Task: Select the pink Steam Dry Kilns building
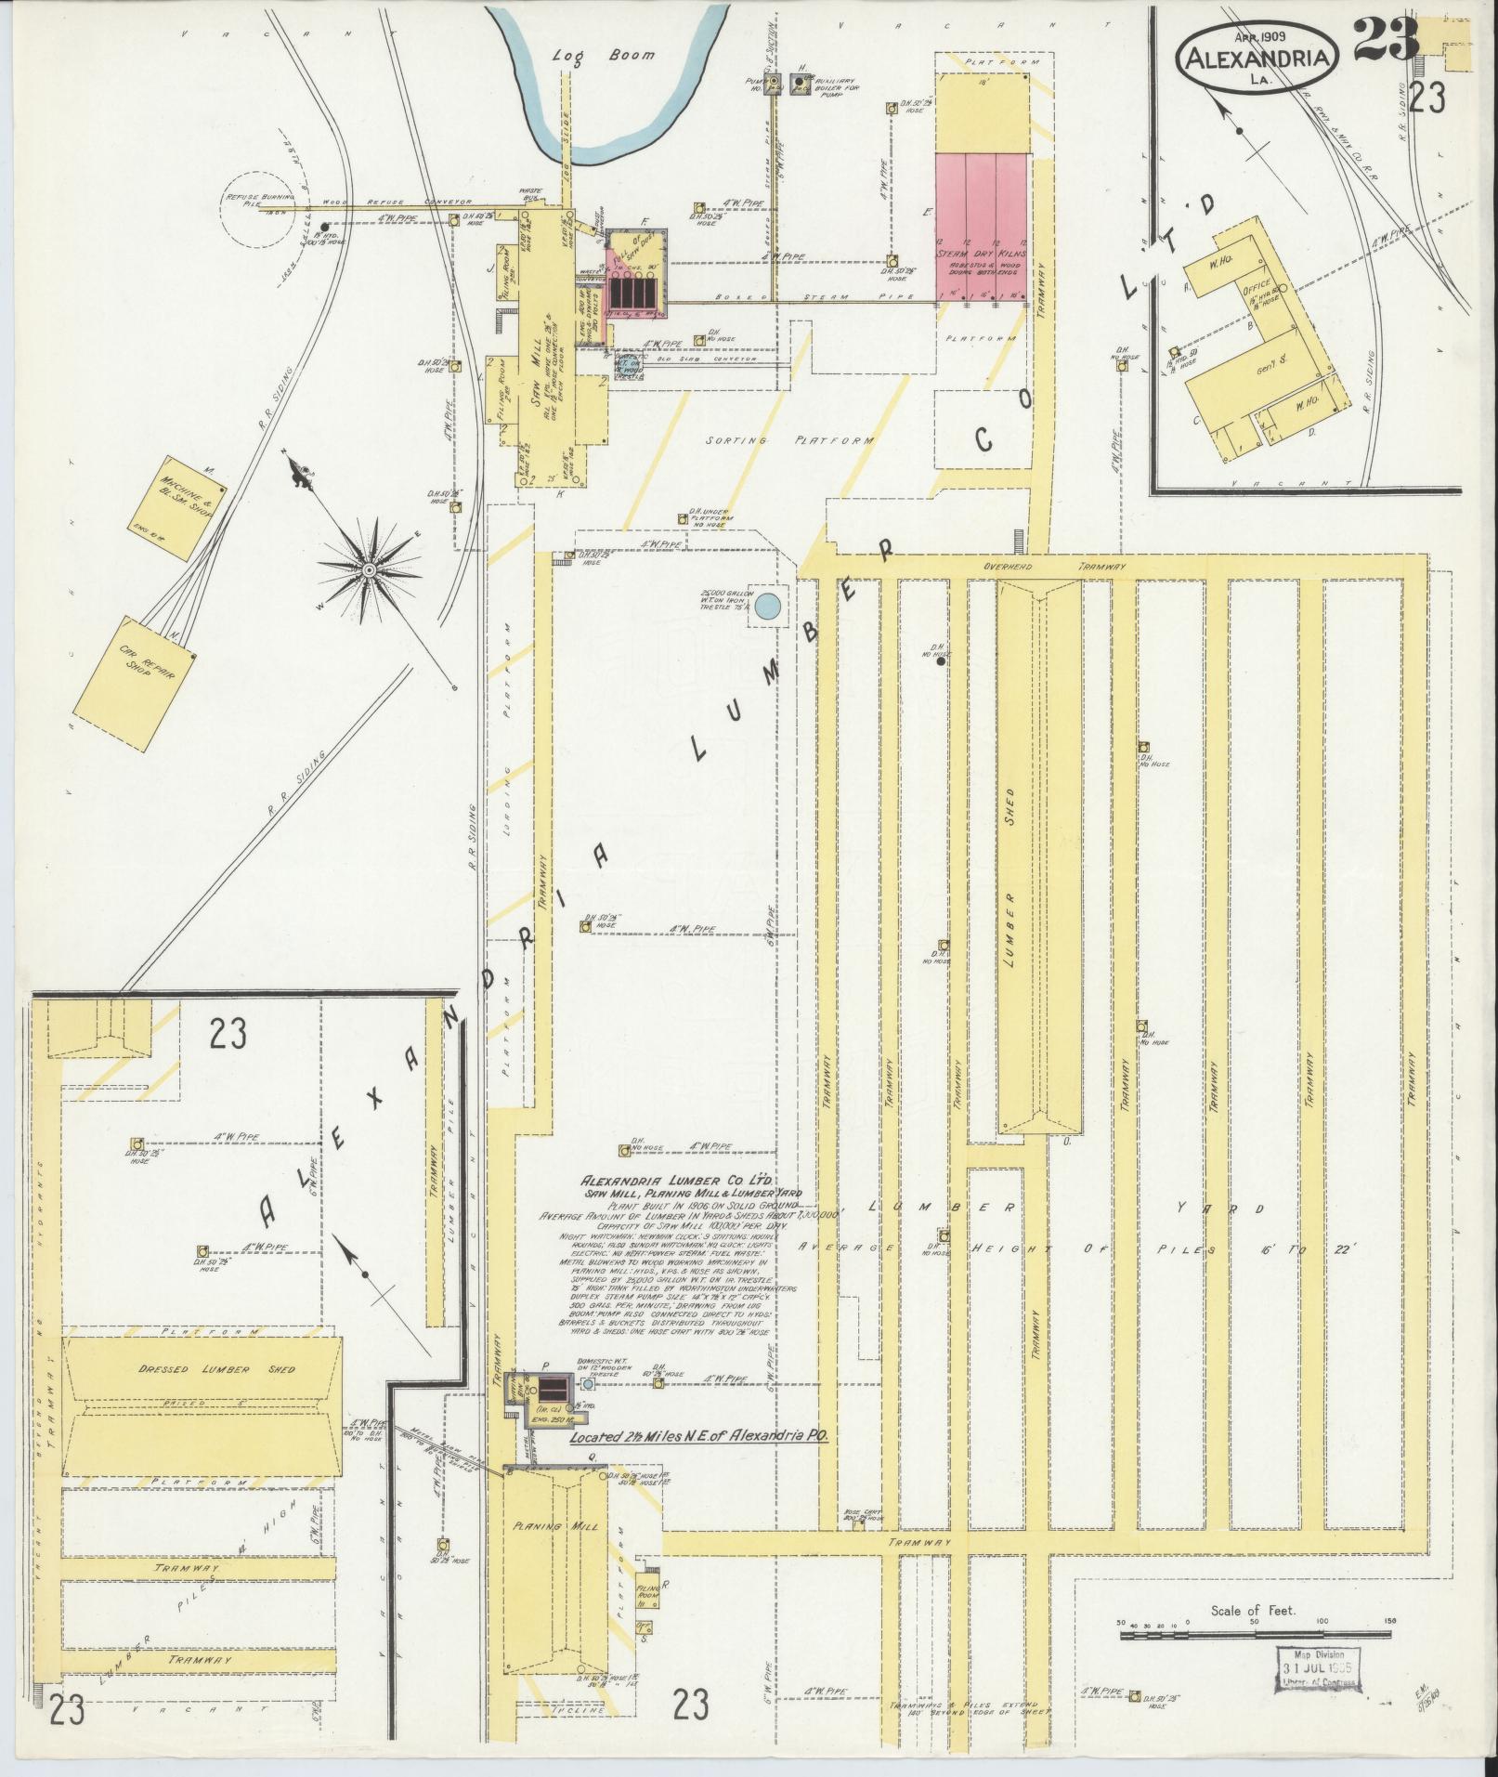[x=982, y=229]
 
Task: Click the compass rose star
[x=369, y=568]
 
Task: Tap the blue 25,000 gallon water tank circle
[x=767, y=608]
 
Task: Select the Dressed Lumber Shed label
[x=203, y=1370]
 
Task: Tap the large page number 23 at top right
[x=1386, y=39]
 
